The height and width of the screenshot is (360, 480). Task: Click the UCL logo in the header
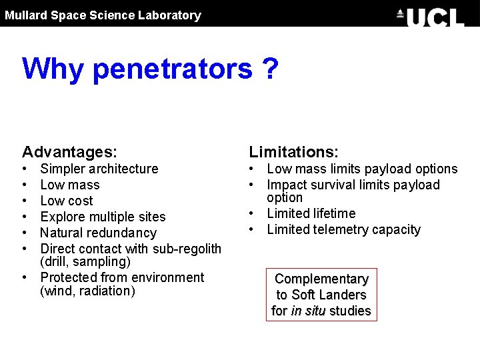[431, 16]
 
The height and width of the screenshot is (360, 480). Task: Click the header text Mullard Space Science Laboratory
[103, 15]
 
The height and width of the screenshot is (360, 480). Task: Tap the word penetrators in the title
[173, 68]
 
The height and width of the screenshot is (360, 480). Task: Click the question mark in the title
[269, 68]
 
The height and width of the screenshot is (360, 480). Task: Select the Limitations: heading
[294, 153]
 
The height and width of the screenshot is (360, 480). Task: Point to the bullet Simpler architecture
[99, 169]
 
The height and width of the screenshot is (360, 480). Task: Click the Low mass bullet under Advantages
[70, 185]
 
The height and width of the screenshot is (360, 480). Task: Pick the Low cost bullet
[67, 201]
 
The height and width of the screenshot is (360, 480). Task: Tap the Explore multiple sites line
[103, 217]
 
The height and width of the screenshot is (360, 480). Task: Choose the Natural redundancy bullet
[98, 233]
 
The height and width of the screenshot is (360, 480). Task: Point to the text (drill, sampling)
[85, 262]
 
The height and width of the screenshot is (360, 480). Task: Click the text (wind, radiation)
[87, 291]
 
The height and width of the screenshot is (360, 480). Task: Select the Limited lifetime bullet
[311, 213]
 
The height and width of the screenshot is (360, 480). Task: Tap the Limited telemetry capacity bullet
[344, 229]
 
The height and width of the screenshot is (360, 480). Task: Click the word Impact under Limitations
[285, 185]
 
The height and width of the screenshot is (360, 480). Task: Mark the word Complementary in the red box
[321, 279]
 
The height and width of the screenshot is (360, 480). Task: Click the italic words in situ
[307, 311]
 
